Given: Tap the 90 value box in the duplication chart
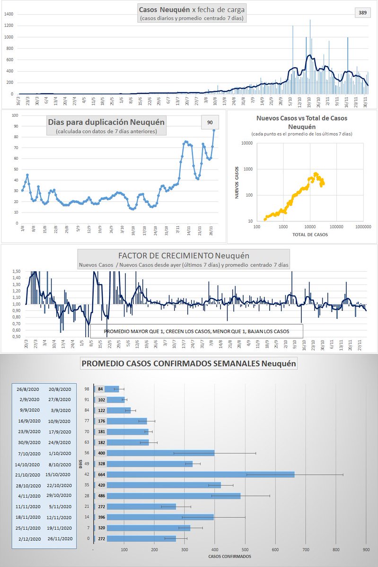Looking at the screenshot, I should (210, 122).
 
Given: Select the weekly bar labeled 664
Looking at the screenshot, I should (194, 474).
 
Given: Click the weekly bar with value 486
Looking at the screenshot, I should (167, 496).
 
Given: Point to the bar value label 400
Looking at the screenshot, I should (101, 453).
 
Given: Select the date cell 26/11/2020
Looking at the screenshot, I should (60, 538).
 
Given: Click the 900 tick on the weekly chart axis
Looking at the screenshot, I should (366, 550).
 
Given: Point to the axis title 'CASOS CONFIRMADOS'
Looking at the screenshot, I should (229, 556).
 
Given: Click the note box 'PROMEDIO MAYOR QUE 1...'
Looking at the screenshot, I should (196, 330).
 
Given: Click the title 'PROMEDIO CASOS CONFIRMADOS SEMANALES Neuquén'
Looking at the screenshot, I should (189, 364).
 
